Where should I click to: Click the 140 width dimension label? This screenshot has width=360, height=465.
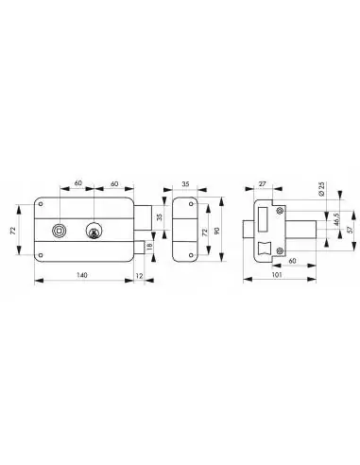click(x=82, y=275)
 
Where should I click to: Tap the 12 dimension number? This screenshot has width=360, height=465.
click(x=139, y=276)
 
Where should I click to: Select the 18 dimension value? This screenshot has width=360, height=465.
click(x=150, y=245)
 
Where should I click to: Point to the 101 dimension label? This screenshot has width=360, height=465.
click(x=277, y=275)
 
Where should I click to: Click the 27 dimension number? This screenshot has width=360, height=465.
click(x=262, y=184)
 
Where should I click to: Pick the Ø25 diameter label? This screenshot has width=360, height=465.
click(x=321, y=189)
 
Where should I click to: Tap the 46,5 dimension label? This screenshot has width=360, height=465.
click(x=337, y=220)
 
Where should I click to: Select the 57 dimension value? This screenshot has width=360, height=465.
click(x=351, y=230)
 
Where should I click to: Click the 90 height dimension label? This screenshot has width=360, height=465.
click(x=216, y=230)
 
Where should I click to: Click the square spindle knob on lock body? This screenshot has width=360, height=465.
click(x=58, y=231)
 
